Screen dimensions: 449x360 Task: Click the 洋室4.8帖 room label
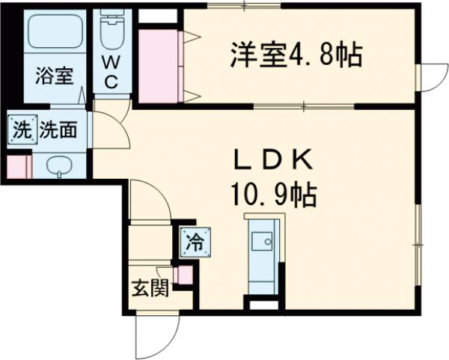[296, 55]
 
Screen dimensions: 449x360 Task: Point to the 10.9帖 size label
[275, 195]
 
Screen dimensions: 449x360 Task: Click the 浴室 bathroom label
[55, 76]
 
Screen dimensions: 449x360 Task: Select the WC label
[111, 72]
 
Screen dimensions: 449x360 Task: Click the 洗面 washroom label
[58, 129]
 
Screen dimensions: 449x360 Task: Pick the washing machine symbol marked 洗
[22, 129]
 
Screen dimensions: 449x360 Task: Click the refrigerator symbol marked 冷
[195, 242]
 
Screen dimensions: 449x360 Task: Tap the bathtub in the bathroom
[56, 31]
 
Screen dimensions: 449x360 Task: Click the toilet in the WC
[112, 30]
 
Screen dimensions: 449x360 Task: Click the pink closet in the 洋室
[158, 66]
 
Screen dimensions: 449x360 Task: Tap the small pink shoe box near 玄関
[185, 275]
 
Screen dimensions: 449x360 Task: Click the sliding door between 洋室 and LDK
[304, 106]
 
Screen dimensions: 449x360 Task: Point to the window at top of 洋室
[244, 5]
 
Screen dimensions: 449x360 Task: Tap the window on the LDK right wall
[418, 245]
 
